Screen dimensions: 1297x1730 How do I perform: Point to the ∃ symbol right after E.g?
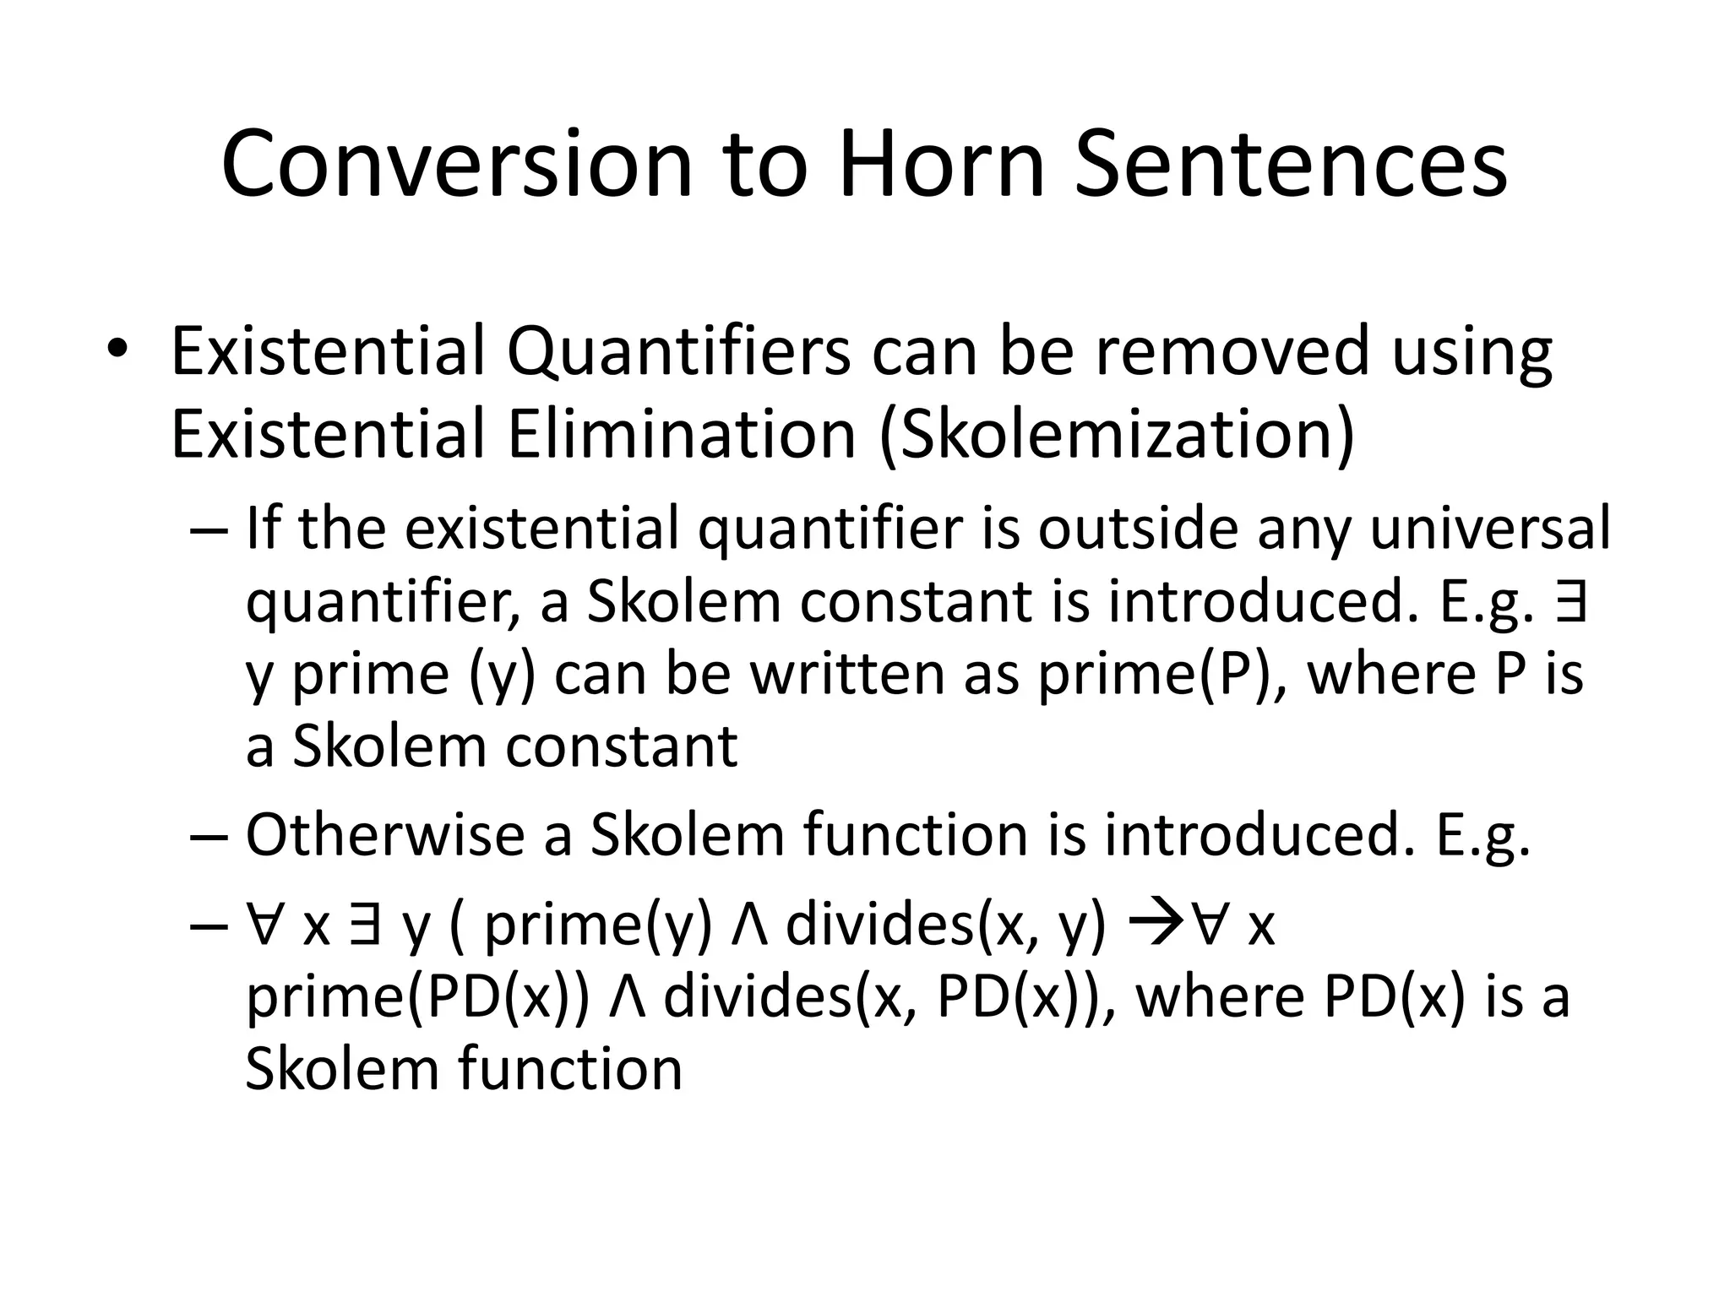(1570, 601)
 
